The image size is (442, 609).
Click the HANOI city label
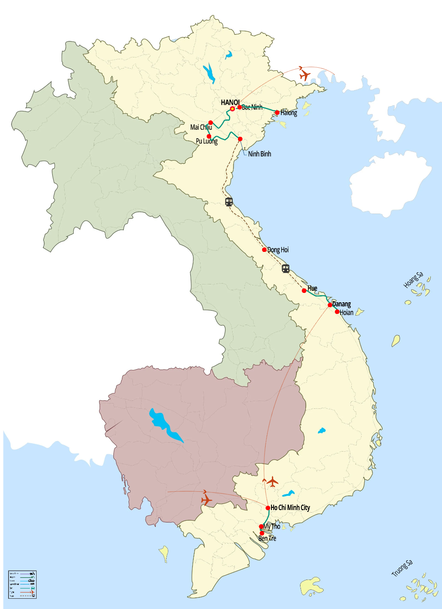[x=230, y=103]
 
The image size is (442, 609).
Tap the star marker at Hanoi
[x=233, y=109]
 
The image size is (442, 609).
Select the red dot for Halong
[x=277, y=113]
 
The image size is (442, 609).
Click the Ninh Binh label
[x=259, y=154]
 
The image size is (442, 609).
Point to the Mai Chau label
[x=201, y=128]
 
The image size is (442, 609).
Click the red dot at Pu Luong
[x=209, y=136]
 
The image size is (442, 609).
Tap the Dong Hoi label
[x=278, y=250]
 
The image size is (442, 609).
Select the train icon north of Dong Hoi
[x=229, y=202]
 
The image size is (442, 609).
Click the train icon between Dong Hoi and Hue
[x=286, y=269]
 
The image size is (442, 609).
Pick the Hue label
[x=312, y=288]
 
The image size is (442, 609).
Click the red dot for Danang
[x=330, y=305]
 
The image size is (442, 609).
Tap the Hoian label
[x=346, y=313]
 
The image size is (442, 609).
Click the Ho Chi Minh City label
[x=290, y=508]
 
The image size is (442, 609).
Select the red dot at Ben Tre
[x=262, y=533]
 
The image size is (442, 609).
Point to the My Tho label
[x=272, y=527]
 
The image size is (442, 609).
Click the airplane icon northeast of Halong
[x=304, y=74]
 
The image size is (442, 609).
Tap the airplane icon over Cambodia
[x=206, y=500]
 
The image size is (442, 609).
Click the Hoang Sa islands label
[x=413, y=280]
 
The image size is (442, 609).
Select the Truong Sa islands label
[x=402, y=568]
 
